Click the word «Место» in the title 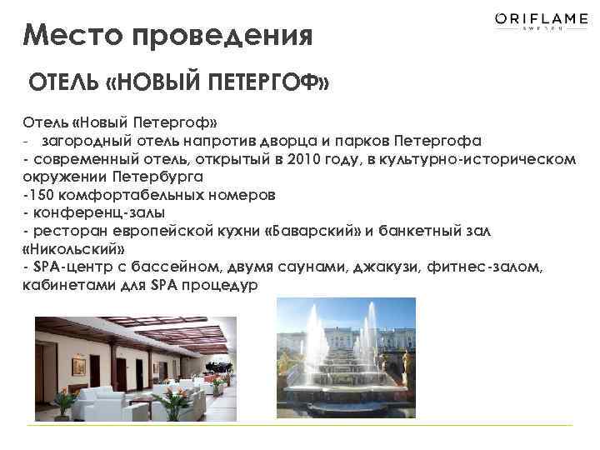tap(68, 36)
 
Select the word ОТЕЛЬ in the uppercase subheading tap(65, 83)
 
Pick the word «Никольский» tap(70, 248)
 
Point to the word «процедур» tap(218, 284)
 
